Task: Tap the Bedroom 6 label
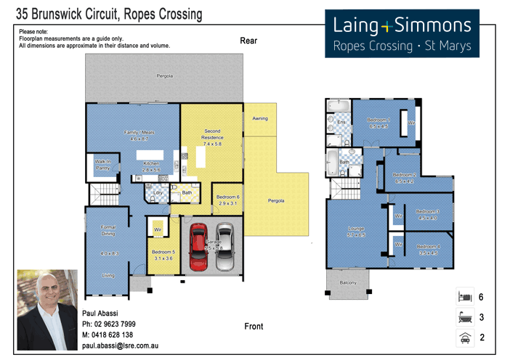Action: (x=227, y=200)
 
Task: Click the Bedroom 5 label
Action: (x=163, y=255)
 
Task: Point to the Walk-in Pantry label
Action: (x=103, y=165)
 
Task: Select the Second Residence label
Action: (x=212, y=138)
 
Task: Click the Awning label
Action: (x=259, y=118)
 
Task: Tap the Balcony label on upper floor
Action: (x=348, y=282)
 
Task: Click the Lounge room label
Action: (x=356, y=232)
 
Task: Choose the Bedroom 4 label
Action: (x=429, y=250)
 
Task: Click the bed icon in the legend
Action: (x=464, y=296)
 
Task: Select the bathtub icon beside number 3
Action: (x=464, y=316)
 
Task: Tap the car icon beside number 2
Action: (x=464, y=337)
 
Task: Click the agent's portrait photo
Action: (x=47, y=310)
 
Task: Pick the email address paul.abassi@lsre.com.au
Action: (x=120, y=346)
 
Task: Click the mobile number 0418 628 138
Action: (x=108, y=335)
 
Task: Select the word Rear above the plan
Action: (x=248, y=41)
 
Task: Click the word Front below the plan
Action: (x=254, y=327)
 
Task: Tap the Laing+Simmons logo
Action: (x=402, y=34)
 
